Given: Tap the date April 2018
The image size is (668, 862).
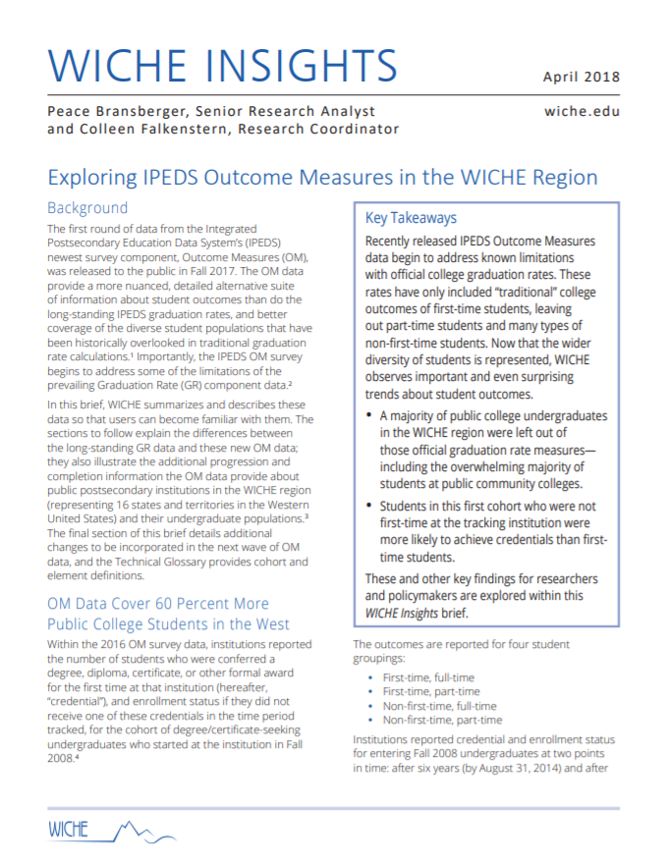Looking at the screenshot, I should tap(581, 77).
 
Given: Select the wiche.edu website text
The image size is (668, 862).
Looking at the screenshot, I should tap(582, 111).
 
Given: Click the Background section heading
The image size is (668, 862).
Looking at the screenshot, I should tap(87, 207).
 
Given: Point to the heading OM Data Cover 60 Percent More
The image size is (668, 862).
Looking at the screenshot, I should tap(157, 603).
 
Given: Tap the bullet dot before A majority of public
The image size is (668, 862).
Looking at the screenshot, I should tap(368, 416).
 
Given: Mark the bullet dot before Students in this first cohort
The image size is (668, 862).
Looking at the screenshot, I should tap(368, 507).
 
